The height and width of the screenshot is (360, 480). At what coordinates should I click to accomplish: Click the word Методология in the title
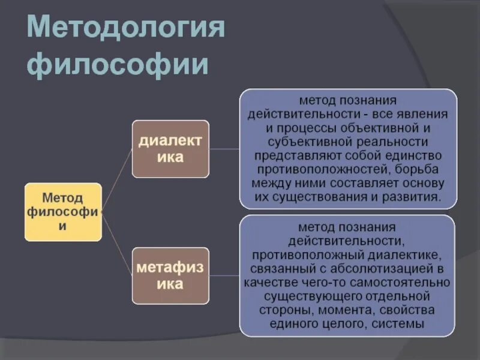click(x=126, y=28)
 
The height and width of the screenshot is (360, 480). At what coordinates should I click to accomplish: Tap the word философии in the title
click(x=118, y=64)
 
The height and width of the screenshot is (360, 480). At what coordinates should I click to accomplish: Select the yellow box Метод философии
click(x=62, y=212)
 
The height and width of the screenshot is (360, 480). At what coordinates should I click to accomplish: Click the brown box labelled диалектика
click(x=170, y=149)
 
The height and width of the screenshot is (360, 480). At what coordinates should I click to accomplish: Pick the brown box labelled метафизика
click(x=170, y=275)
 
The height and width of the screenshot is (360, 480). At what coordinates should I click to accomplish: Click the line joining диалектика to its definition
click(x=224, y=149)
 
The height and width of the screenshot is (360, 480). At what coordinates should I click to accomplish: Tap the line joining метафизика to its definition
click(x=224, y=276)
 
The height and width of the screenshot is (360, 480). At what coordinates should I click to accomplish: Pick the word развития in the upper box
click(x=413, y=197)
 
